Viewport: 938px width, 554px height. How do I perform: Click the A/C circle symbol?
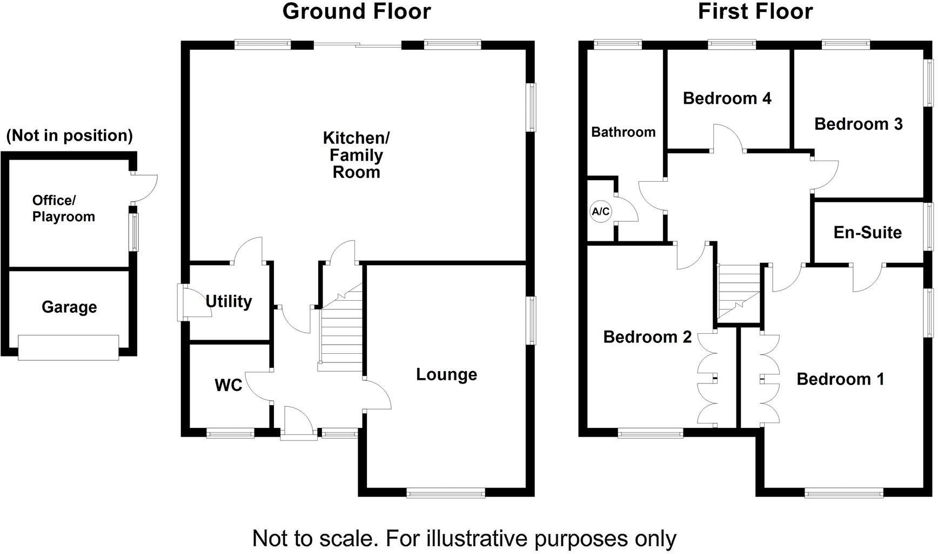[600, 212]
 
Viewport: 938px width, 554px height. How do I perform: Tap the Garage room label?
[69, 307]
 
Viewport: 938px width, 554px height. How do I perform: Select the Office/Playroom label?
[63, 209]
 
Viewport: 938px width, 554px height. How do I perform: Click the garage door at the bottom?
[68, 347]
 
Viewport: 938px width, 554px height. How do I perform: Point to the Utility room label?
[229, 301]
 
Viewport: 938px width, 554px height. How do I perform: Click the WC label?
[228, 386]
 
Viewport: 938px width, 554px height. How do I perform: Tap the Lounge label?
[446, 374]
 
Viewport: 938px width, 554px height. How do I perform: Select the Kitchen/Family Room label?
[356, 155]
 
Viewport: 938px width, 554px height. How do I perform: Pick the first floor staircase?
[738, 293]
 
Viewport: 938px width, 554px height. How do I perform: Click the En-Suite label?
[867, 233]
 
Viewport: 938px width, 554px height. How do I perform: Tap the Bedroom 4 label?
[727, 98]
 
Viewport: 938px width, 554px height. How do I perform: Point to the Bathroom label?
[623, 133]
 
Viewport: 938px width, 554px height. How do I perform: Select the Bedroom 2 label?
[647, 337]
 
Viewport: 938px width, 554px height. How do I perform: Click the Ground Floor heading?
[357, 11]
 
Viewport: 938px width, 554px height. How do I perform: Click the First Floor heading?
[755, 11]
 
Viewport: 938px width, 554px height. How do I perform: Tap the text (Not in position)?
[69, 135]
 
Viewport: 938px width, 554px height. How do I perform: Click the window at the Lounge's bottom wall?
[446, 492]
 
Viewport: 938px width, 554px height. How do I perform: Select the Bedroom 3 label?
[858, 124]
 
